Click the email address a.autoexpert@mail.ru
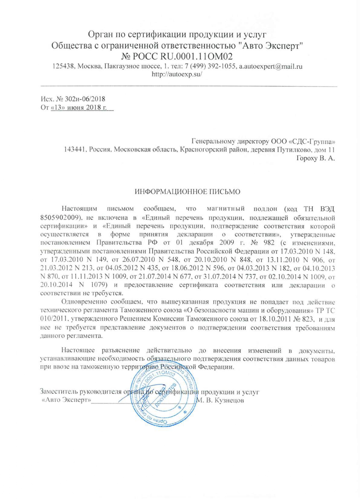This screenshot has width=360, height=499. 271,67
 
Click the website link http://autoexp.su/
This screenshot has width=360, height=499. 177,74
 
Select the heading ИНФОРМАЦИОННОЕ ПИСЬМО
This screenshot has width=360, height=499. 188,192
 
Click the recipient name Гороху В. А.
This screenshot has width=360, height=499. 315,159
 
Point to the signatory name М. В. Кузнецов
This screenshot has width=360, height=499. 220,400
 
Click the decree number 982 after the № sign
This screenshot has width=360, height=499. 269,243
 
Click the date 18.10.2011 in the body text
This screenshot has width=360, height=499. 275,319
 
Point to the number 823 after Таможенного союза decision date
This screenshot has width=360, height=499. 308,319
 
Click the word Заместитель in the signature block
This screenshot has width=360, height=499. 58,392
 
